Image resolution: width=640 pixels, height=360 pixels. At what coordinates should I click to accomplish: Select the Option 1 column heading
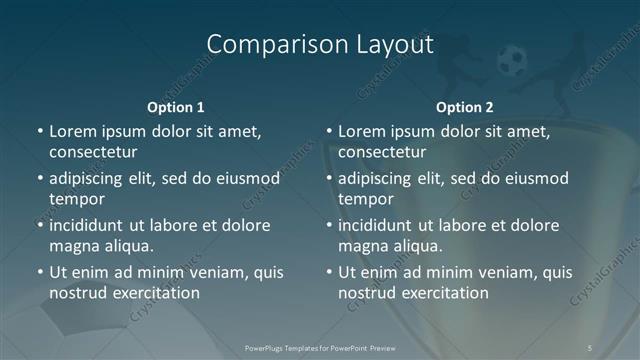[x=176, y=106]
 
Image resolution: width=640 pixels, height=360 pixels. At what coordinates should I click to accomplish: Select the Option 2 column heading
[x=465, y=106]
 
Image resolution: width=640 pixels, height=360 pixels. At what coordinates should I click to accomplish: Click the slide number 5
[x=592, y=347]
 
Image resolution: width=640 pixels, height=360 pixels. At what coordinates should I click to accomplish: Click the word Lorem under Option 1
[x=71, y=131]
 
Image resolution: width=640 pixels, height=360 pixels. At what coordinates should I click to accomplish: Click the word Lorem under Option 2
[x=360, y=131]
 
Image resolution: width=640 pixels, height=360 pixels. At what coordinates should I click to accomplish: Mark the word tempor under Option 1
[x=73, y=199]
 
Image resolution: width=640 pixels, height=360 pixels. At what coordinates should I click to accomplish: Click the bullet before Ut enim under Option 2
[x=328, y=272]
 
